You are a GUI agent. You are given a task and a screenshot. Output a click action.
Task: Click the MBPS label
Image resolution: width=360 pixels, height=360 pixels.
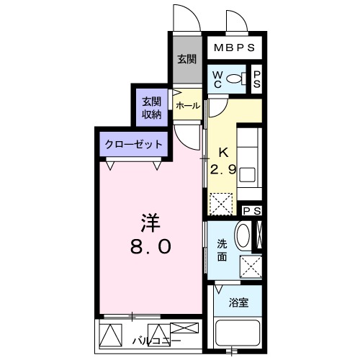coord(234,48)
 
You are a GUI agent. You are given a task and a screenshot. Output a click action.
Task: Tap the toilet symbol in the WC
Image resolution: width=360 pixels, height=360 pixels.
coord(237,78)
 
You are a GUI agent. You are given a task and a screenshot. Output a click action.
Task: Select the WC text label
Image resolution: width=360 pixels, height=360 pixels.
coord(217,80)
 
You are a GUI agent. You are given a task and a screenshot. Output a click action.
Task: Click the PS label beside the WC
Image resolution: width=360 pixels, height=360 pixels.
coord(257,79)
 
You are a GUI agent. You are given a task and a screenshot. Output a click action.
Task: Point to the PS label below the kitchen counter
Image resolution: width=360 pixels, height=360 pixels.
coord(252,211)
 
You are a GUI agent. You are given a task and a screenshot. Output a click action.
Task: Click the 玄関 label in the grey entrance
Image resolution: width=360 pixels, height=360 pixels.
coord(187,59)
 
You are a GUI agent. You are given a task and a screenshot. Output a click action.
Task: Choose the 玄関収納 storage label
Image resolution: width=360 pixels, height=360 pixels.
coord(151,108)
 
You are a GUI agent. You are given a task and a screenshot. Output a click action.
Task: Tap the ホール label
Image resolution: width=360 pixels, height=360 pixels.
coord(188,106)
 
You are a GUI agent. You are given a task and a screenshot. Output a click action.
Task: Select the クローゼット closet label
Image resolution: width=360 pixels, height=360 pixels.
coord(134,145)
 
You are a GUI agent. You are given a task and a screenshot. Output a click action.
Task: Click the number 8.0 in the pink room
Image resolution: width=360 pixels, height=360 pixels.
coord(150,246)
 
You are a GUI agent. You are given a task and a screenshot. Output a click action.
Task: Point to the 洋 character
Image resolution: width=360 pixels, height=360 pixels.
coord(150,223)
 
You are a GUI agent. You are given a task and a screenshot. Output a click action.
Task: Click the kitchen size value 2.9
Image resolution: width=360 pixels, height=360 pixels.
coord(223,170)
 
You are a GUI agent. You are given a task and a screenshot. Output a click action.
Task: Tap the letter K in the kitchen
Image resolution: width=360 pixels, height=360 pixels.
coord(224,153)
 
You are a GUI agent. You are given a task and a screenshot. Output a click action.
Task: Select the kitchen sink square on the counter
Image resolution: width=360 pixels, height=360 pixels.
coord(247,175)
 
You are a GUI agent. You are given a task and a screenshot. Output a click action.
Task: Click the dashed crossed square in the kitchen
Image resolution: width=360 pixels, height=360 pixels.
coord(221,204)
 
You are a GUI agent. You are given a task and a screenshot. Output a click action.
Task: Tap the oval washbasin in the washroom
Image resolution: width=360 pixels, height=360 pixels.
coord(243,235)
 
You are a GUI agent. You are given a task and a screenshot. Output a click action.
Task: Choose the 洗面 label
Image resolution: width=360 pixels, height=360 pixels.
coord(222,251)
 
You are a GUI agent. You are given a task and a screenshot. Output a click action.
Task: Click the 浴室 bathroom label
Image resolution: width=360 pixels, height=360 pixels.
coord(238,302)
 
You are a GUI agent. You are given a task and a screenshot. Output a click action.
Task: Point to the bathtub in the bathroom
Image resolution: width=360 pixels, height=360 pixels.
coord(238,333)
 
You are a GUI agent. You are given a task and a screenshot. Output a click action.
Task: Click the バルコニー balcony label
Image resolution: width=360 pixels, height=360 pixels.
coord(156,341)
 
